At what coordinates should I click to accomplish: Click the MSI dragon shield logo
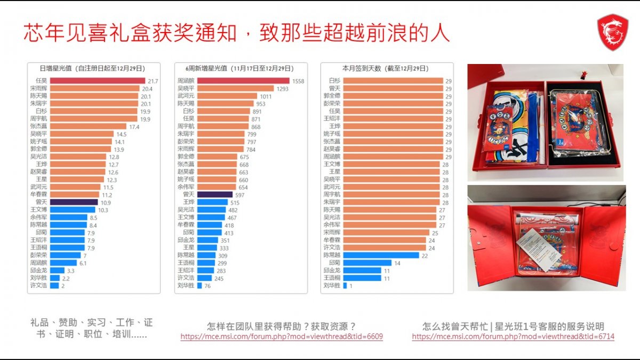coord(613,32)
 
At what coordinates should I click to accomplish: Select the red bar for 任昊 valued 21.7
coord(98,81)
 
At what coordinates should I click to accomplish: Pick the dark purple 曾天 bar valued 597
coord(207,195)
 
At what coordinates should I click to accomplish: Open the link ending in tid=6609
coord(282,337)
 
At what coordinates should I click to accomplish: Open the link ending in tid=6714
coord(513,337)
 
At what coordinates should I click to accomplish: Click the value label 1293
coord(283,89)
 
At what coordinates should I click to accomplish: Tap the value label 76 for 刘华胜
coord(207,286)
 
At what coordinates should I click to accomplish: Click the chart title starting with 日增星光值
coord(93,68)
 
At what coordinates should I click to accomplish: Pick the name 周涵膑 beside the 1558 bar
coord(186,81)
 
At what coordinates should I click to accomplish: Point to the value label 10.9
coord(106,203)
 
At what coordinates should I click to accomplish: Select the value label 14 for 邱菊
coord(396,263)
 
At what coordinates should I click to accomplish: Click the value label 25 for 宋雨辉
coord(435,233)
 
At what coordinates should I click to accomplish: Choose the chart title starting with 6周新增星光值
coord(239,68)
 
